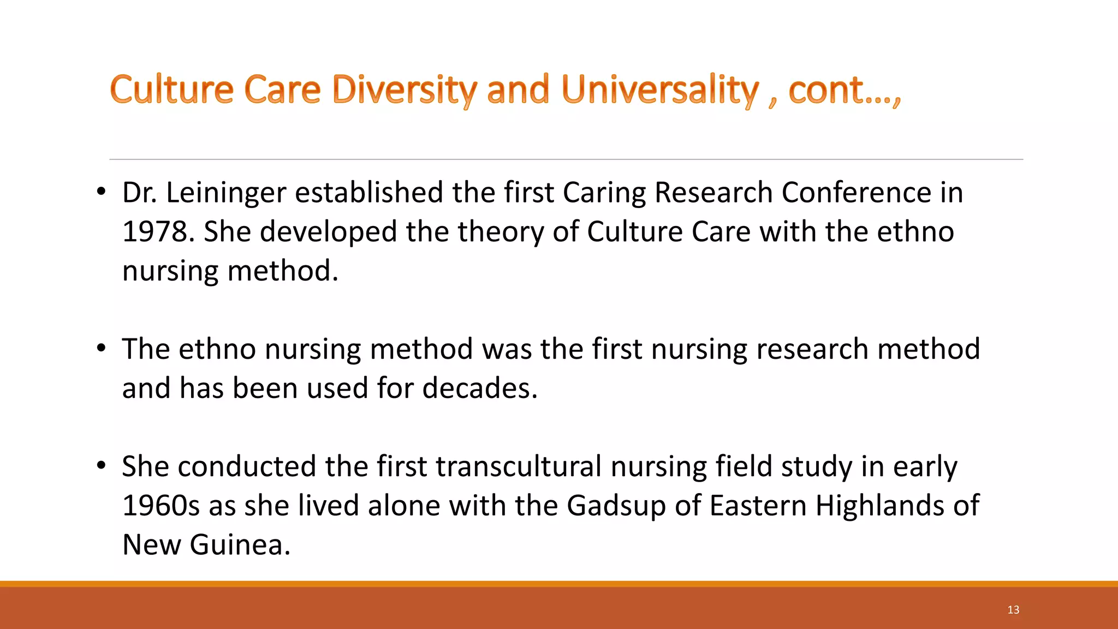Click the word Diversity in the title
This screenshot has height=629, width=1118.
point(405,90)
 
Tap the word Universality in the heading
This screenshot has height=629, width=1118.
point(660,90)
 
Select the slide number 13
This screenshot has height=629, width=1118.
point(1013,610)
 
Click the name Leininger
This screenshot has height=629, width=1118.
point(226,193)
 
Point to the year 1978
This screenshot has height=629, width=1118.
point(155,232)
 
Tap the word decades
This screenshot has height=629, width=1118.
point(480,388)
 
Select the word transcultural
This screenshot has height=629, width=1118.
point(519,467)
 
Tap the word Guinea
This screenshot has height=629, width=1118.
point(240,545)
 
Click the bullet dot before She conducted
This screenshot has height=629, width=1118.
point(101,466)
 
